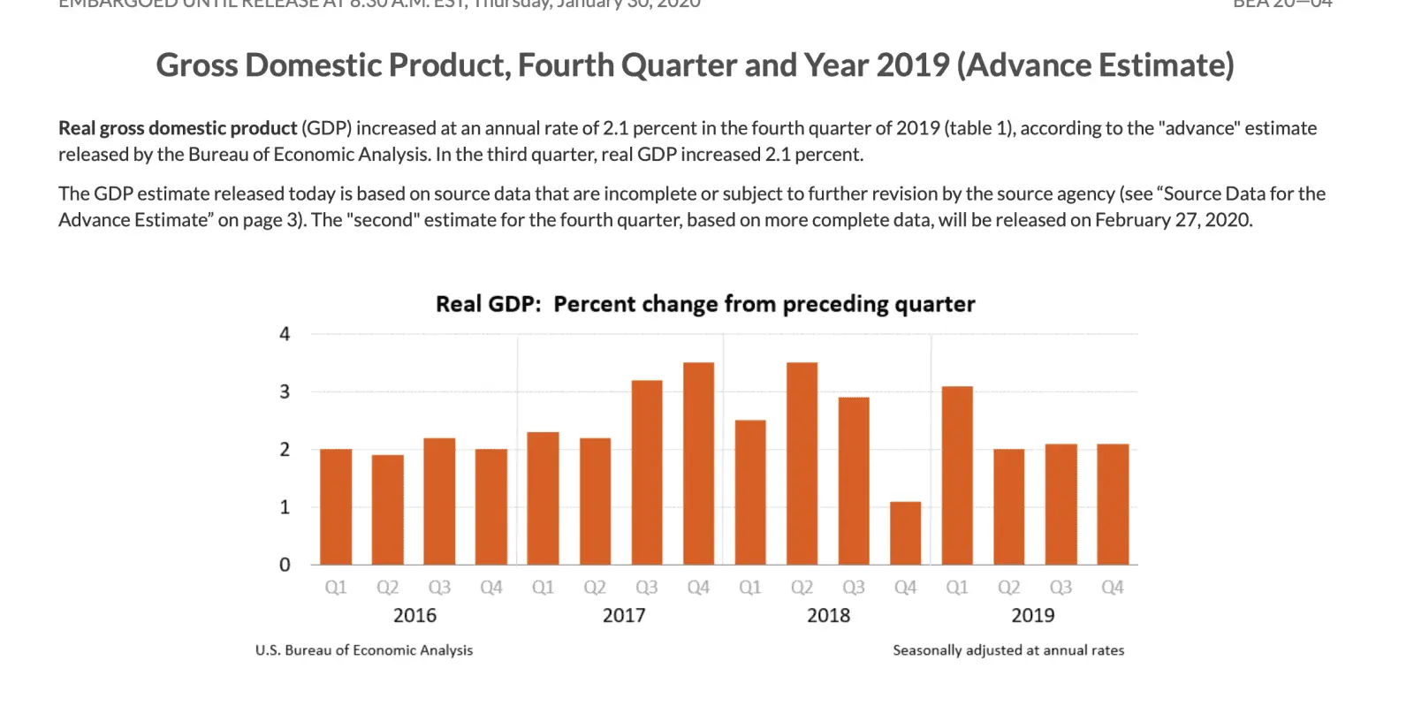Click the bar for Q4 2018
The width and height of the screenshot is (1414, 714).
pyautogui.click(x=905, y=533)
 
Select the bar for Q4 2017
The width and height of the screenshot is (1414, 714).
pyautogui.click(x=698, y=463)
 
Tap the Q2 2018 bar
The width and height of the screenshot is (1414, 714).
pyautogui.click(x=802, y=463)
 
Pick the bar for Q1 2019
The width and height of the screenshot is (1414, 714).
pyautogui.click(x=957, y=475)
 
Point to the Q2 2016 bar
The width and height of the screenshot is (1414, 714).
pyautogui.click(x=387, y=510)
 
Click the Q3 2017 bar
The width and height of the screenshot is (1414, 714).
pyautogui.click(x=647, y=472)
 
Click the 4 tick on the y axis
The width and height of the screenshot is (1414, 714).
pyautogui.click(x=285, y=334)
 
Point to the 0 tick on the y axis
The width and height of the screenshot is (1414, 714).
pyautogui.click(x=285, y=565)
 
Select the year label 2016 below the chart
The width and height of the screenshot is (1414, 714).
pyautogui.click(x=414, y=615)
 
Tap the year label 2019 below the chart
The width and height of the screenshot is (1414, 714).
pyautogui.click(x=1032, y=615)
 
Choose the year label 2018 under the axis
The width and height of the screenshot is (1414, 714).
pyautogui.click(x=828, y=615)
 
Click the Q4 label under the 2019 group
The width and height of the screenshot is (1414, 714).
pyautogui.click(x=1112, y=588)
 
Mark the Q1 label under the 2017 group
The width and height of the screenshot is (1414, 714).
pyautogui.click(x=543, y=588)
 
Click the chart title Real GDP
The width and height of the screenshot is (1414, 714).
pyautogui.click(x=488, y=304)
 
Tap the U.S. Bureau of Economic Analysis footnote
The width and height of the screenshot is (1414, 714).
pyautogui.click(x=364, y=650)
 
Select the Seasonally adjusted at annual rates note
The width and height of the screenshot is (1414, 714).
pyautogui.click(x=1008, y=650)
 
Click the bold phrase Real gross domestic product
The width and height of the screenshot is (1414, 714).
pyautogui.click(x=178, y=128)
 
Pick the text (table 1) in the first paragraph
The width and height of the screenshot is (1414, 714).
pyautogui.click(x=980, y=128)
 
